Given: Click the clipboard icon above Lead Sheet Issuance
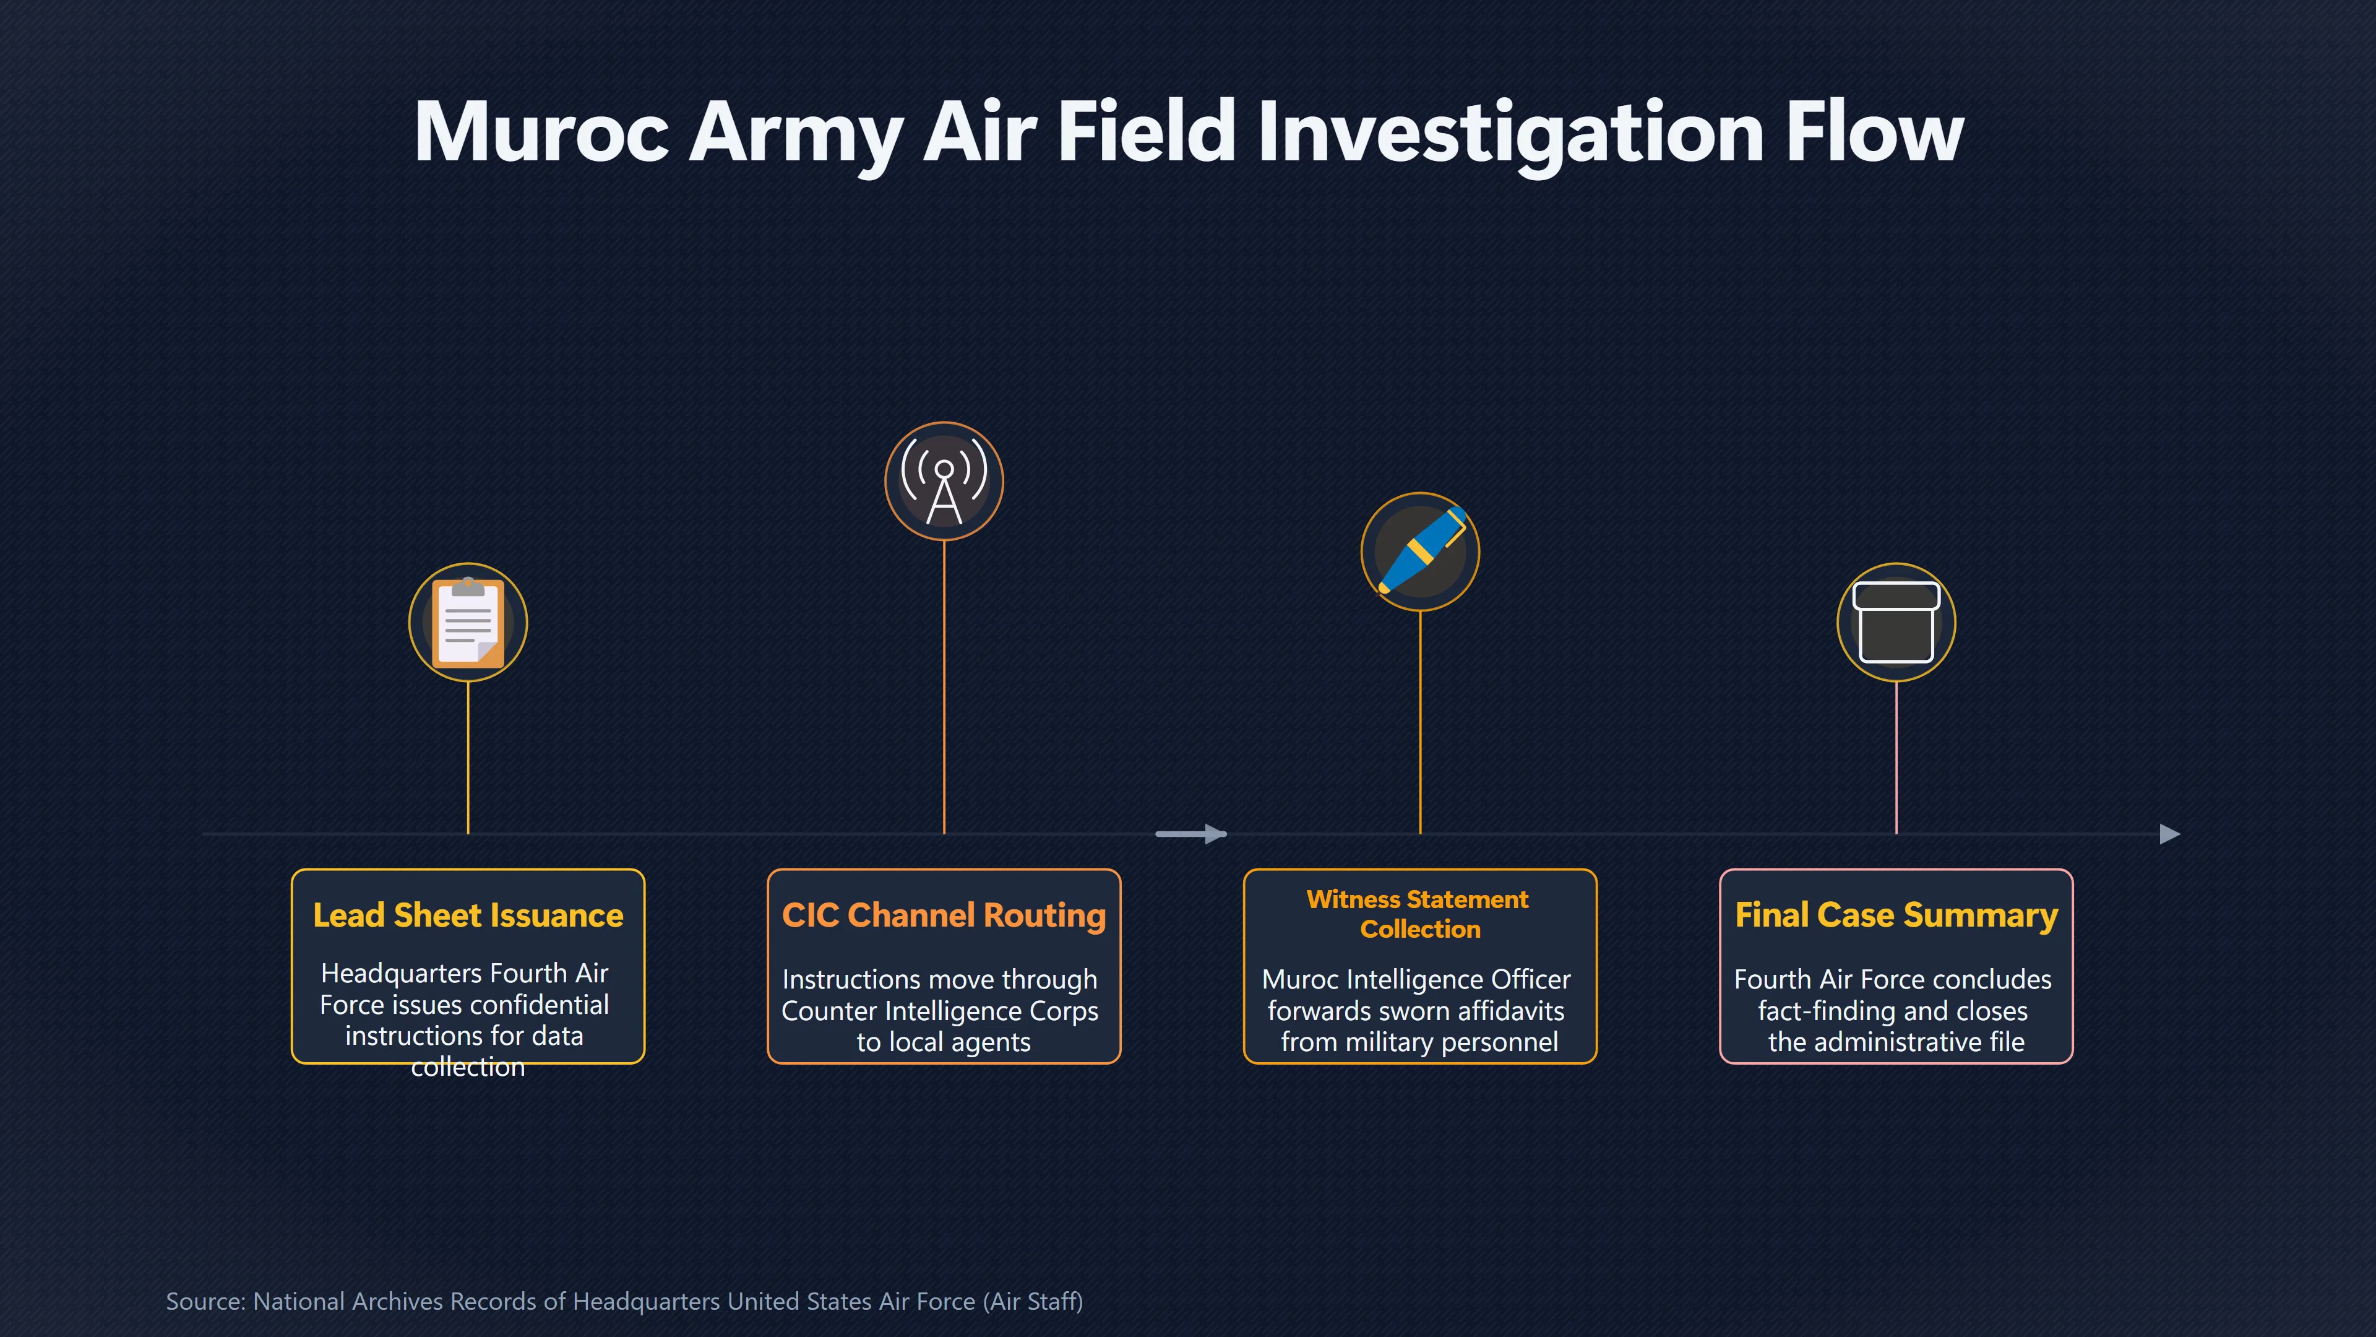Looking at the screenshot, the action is pyautogui.click(x=468, y=623).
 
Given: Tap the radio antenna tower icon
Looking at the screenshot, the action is pyautogui.click(x=944, y=481).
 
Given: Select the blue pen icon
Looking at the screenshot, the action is pyautogui.click(x=1421, y=551).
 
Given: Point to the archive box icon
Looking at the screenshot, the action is pyautogui.click(x=1896, y=623).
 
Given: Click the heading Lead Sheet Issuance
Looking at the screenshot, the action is pyautogui.click(x=468, y=915).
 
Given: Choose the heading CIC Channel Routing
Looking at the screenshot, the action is pyautogui.click(x=944, y=915).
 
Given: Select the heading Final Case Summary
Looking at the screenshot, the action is pyautogui.click(x=1896, y=915).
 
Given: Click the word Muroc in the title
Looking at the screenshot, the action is pyautogui.click(x=541, y=133).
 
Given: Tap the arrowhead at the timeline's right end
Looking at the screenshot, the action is pyautogui.click(x=2171, y=834).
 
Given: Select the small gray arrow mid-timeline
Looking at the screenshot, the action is pyautogui.click(x=1190, y=834).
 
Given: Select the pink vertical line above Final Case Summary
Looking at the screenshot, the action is pyautogui.click(x=1896, y=758).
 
